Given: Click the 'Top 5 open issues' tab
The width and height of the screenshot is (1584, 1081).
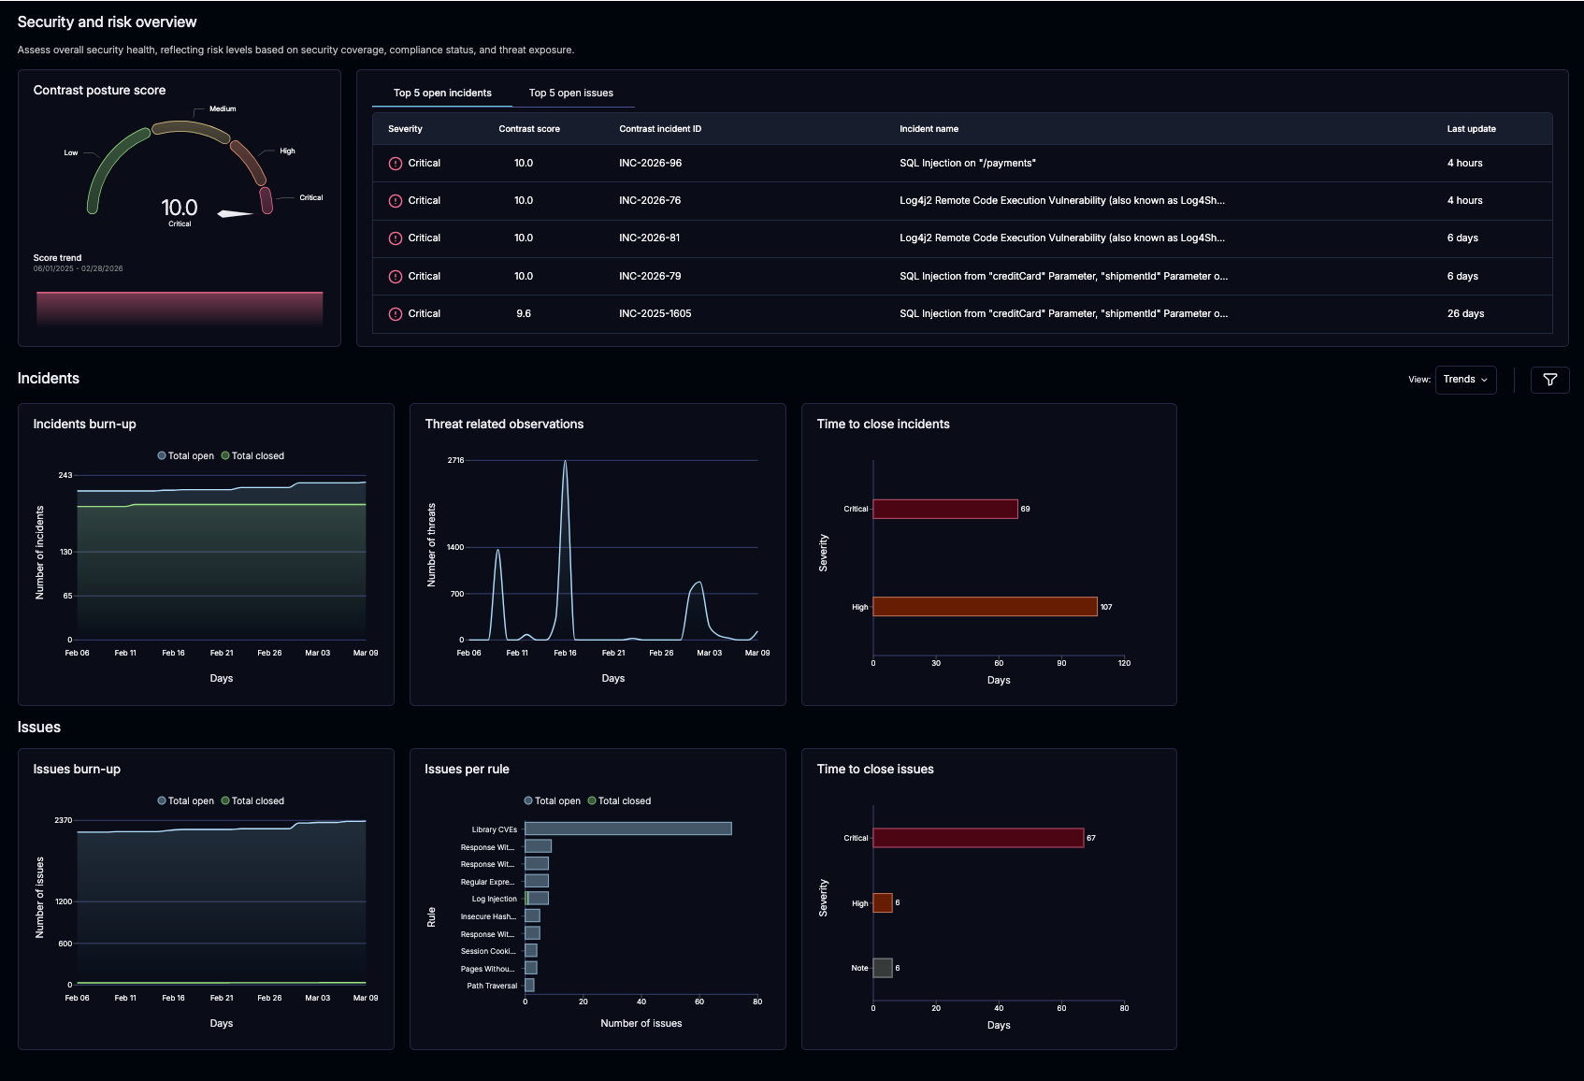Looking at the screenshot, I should click(x=570, y=93).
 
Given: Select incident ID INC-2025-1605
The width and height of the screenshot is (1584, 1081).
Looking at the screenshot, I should click(x=655, y=314).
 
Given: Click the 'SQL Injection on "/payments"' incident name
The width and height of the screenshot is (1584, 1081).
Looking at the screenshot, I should click(x=967, y=164).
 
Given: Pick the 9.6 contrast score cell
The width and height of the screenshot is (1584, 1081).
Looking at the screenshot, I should click(x=523, y=314).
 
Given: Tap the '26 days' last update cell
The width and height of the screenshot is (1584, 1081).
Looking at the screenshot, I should click(x=1464, y=314).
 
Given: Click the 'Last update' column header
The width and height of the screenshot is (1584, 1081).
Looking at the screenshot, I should click(x=1470, y=129).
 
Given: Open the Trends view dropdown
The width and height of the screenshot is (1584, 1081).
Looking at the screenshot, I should click(x=1464, y=380).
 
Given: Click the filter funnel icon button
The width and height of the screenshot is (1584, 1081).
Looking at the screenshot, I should click(x=1549, y=380).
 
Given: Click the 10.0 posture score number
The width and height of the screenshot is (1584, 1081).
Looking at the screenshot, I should click(x=179, y=208).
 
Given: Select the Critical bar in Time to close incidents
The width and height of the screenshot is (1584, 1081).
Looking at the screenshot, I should click(x=944, y=509).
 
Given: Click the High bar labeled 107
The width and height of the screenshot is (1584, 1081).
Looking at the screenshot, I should click(x=984, y=607).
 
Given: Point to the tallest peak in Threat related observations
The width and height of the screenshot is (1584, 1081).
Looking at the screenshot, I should click(x=565, y=463).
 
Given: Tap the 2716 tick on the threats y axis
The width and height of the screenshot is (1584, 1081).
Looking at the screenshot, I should click(x=455, y=460).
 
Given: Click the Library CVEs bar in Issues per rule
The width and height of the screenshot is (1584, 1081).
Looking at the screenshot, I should click(x=627, y=829).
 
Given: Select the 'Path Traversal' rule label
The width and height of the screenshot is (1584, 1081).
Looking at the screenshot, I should click(x=492, y=986).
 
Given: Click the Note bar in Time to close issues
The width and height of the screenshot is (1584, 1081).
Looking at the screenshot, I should click(x=882, y=968).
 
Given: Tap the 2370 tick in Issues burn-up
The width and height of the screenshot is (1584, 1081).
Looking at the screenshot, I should click(x=63, y=820).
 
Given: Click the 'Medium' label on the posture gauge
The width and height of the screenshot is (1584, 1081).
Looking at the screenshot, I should click(x=223, y=109).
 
